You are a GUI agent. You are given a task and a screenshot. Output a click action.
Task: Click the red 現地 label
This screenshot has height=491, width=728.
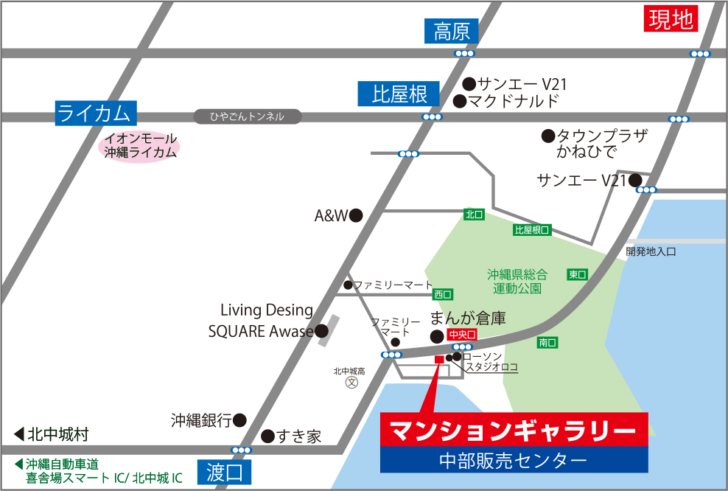671,18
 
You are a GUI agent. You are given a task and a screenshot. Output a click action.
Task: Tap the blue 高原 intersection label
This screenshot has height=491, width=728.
452,31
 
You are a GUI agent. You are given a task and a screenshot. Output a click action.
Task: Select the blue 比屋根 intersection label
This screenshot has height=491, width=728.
399,94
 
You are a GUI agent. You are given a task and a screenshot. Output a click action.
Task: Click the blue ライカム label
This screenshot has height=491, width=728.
96,113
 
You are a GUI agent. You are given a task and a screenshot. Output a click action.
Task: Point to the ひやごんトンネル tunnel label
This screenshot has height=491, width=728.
248,116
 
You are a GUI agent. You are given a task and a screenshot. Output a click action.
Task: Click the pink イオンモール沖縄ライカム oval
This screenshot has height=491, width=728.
140,145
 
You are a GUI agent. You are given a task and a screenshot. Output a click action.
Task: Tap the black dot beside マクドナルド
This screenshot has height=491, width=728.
459,101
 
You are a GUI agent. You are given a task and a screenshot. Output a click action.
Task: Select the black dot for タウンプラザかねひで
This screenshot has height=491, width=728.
547,136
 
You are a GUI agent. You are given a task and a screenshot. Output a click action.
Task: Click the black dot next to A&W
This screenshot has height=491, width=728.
356,215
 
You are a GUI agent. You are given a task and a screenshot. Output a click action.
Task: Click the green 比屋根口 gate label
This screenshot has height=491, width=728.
532,230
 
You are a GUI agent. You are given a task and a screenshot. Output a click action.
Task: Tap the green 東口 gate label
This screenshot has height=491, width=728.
577,274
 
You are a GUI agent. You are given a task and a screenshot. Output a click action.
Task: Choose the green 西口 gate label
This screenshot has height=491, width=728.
443,294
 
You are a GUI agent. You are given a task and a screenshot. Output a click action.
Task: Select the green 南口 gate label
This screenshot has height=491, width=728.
547,342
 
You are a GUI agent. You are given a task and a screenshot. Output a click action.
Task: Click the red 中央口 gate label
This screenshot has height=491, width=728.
462,334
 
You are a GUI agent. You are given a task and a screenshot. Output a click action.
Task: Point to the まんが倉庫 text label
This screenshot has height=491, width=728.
468,318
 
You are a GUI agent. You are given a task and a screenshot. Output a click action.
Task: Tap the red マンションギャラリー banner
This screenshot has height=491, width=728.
514,430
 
